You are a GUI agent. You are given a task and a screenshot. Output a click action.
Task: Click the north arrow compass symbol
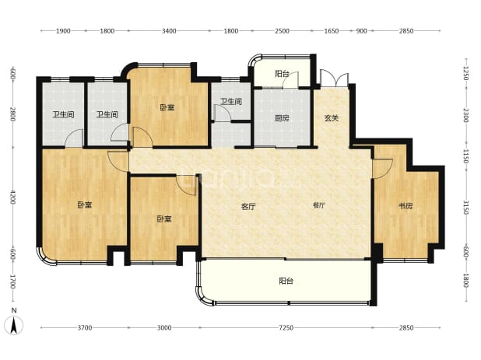pyautogui.click(x=13, y=324)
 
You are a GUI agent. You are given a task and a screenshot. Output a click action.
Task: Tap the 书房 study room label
pyautogui.click(x=406, y=206)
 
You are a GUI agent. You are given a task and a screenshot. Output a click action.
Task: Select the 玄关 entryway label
pyautogui.click(x=332, y=118)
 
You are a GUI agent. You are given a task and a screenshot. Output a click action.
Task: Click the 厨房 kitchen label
pyautogui.click(x=282, y=118)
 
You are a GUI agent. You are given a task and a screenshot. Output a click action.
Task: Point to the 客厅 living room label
pyautogui.click(x=248, y=207)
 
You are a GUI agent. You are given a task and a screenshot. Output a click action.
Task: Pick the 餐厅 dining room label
pyautogui.click(x=319, y=205)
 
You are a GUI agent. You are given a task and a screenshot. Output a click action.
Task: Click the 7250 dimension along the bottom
pyautogui.click(x=286, y=328)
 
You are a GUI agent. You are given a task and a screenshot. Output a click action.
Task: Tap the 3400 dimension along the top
pyautogui.click(x=169, y=31)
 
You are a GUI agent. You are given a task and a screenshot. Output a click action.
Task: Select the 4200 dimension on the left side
pyautogui.click(x=12, y=197)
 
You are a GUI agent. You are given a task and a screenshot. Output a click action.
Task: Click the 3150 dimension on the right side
pyautogui.click(x=466, y=208)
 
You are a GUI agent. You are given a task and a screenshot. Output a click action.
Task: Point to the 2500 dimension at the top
pyautogui.click(x=282, y=31)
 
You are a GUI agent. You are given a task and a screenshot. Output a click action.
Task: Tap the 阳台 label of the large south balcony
pyautogui.click(x=286, y=281)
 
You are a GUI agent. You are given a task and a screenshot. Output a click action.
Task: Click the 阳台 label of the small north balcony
pyautogui.click(x=282, y=74)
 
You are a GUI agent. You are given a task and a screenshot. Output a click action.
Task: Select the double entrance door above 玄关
pyautogui.click(x=335, y=79)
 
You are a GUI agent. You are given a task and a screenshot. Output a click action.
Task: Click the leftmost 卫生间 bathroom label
pyautogui.click(x=63, y=115)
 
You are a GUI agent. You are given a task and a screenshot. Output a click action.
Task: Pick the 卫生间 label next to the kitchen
pyautogui.click(x=231, y=101)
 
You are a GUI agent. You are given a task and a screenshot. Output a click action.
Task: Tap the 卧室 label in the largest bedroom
pyautogui.click(x=84, y=204)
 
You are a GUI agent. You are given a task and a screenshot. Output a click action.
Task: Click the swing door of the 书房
pyautogui.click(x=382, y=169)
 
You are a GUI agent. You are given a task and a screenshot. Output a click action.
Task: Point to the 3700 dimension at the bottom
pyautogui.click(x=85, y=328)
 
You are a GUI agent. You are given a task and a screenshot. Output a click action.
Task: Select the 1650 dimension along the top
pyautogui.click(x=332, y=31)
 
